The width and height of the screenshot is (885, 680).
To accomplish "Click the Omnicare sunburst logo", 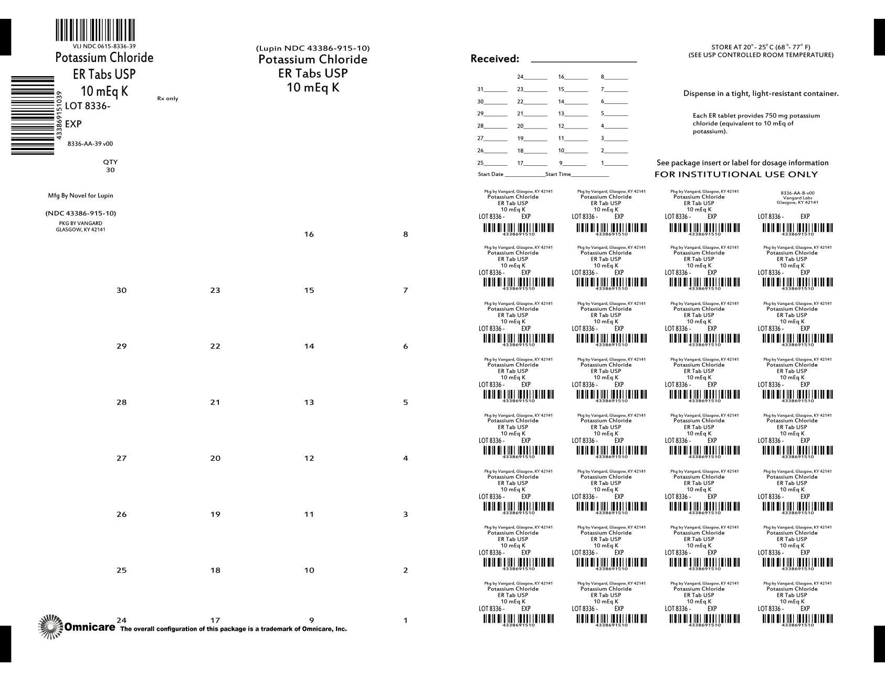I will [51, 626].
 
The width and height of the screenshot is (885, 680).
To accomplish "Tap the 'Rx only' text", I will [167, 99].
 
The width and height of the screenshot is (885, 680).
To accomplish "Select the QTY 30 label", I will [110, 166].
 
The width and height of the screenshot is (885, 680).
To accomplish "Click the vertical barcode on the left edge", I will [33, 115].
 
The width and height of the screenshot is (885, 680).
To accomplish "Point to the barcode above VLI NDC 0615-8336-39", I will [95, 30].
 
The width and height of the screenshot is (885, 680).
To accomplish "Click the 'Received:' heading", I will [494, 59].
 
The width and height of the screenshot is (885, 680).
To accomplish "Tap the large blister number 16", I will [309, 235].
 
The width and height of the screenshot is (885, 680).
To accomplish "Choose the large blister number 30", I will [121, 291].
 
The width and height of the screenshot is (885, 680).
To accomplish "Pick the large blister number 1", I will [405, 621].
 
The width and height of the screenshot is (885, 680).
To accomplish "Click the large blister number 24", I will [121, 621].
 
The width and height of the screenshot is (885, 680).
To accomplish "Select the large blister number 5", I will [405, 402].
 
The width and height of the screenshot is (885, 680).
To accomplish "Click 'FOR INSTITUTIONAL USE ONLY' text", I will [736, 174].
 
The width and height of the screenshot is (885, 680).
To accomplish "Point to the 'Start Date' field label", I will [490, 174].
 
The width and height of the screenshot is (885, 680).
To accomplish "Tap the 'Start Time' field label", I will [558, 174].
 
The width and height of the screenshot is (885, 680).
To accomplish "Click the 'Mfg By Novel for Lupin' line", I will [80, 196].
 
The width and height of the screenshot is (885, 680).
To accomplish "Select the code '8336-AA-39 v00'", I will [90, 144].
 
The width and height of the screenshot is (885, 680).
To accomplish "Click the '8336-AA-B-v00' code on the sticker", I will [797, 193].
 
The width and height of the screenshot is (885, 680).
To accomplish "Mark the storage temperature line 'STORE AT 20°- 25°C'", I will [761, 47].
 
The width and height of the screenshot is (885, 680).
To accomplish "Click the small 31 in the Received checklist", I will [480, 89].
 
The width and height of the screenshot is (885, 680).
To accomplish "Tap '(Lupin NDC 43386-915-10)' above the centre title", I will [313, 48].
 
